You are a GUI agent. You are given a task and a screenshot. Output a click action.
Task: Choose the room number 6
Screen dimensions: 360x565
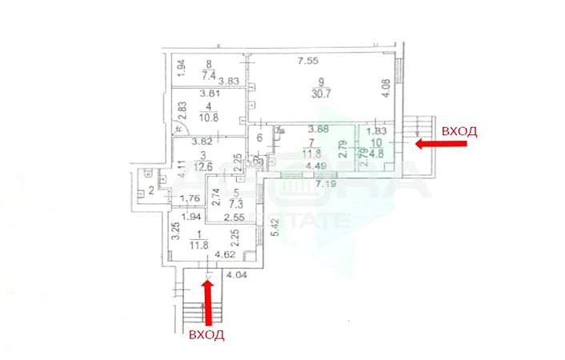pos(260,138)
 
